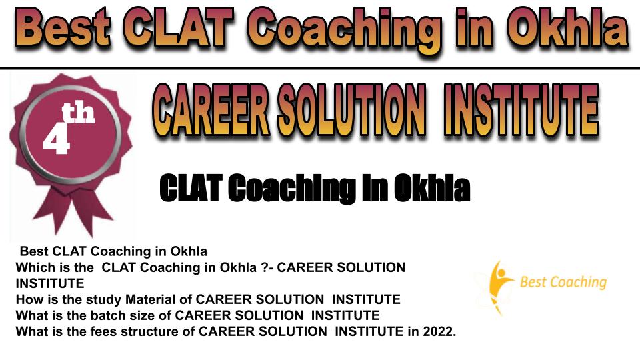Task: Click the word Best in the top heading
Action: [63, 28]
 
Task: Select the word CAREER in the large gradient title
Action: [211, 110]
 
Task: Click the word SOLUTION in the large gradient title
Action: [351, 110]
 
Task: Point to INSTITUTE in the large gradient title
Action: [521, 110]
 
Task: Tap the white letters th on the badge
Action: [78, 113]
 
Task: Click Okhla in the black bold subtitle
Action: [432, 188]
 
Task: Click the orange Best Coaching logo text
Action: [563, 282]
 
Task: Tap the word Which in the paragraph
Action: [30, 268]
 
